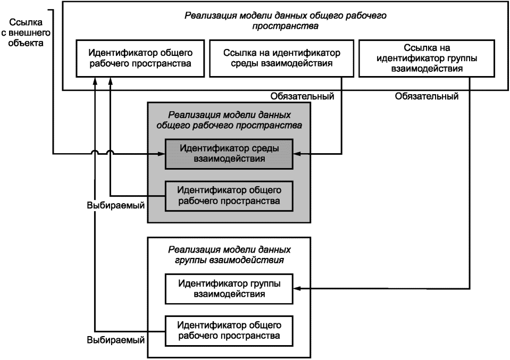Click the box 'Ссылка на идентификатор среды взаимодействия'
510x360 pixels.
pyautogui.click(x=282, y=58)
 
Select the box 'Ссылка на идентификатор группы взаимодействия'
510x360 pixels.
pyautogui.click(x=427, y=58)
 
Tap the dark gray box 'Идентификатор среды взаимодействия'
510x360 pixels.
pyautogui.click(x=229, y=154)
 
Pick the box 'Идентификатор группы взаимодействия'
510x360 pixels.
pyautogui.click(x=229, y=289)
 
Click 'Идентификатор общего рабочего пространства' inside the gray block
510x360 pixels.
pyautogui.click(x=229, y=196)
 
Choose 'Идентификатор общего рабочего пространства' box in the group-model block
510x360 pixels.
pyautogui.click(x=229, y=331)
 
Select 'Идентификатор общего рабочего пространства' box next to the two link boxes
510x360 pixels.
pyautogui.click(x=140, y=58)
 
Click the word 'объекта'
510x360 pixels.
pyautogui.click(x=26, y=43)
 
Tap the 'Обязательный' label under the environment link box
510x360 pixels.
pyautogui.click(x=302, y=96)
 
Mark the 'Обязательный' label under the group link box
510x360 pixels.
pyautogui.click(x=427, y=96)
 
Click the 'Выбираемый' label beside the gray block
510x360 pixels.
pyautogui.click(x=116, y=206)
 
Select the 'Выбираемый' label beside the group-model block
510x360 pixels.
pyautogui.click(x=116, y=340)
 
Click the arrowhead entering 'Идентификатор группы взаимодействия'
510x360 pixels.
pyautogui.click(x=297, y=288)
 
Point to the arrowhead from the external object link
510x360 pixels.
pyautogui.click(x=161, y=154)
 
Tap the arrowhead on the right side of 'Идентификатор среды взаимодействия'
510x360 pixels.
pyautogui.click(x=297, y=154)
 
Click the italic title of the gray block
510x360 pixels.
pyautogui.click(x=229, y=120)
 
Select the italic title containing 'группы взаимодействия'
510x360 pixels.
pyautogui.click(x=229, y=255)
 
